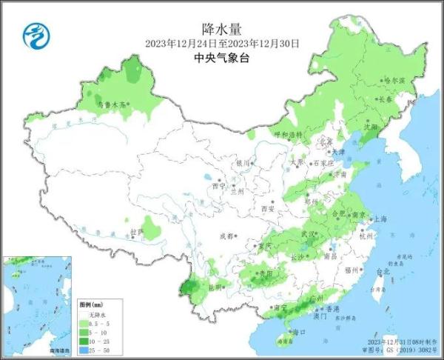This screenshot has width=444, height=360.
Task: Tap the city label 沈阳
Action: tap(369, 127)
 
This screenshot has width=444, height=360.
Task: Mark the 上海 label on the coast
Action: tap(380, 219)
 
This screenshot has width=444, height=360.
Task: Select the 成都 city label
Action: tap(226, 236)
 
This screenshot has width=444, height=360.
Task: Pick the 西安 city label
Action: tap(266, 210)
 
